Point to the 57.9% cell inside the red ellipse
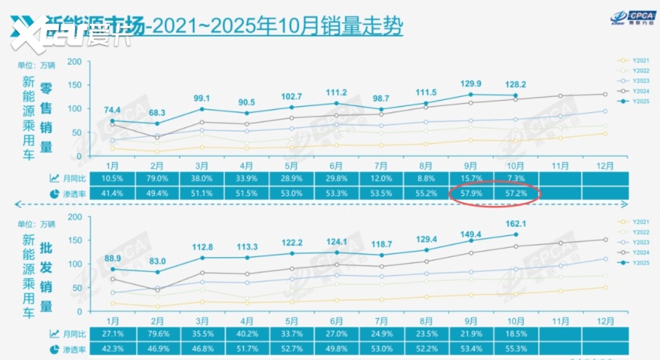click(x=471, y=192)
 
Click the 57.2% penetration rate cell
click(x=516, y=192)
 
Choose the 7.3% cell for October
click(x=516, y=178)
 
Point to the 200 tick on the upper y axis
click(x=75, y=62)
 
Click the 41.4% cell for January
click(x=113, y=192)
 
